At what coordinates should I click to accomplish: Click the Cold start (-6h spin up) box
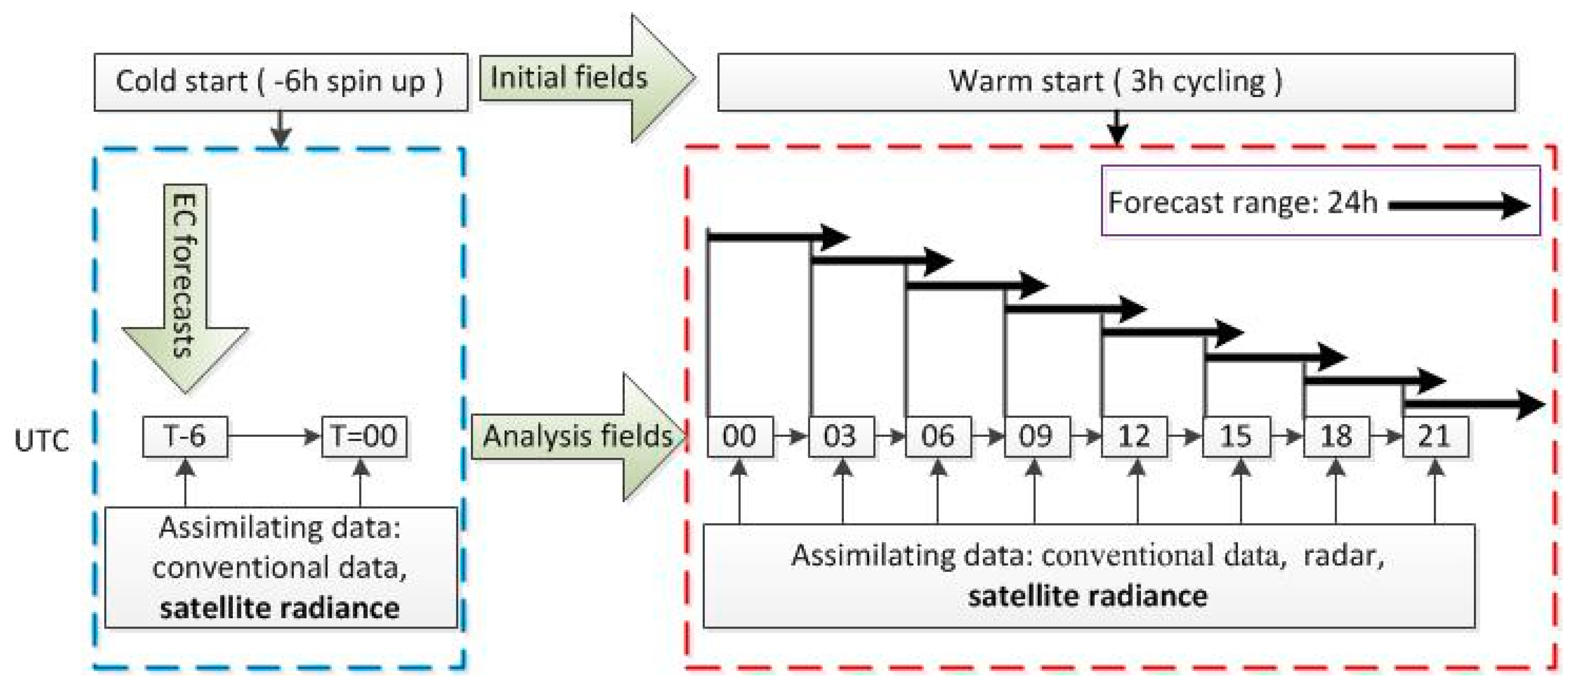pyautogui.click(x=280, y=81)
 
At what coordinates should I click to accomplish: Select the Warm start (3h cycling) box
pyautogui.click(x=1115, y=81)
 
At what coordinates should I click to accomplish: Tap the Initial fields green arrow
pyautogui.click(x=585, y=78)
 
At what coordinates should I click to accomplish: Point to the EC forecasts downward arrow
pyautogui.click(x=184, y=286)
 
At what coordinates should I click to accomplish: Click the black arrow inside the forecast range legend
pyautogui.click(x=1458, y=205)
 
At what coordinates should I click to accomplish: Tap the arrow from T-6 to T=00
pyautogui.click(x=274, y=436)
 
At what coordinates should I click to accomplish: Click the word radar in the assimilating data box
pyautogui.click(x=1343, y=556)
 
